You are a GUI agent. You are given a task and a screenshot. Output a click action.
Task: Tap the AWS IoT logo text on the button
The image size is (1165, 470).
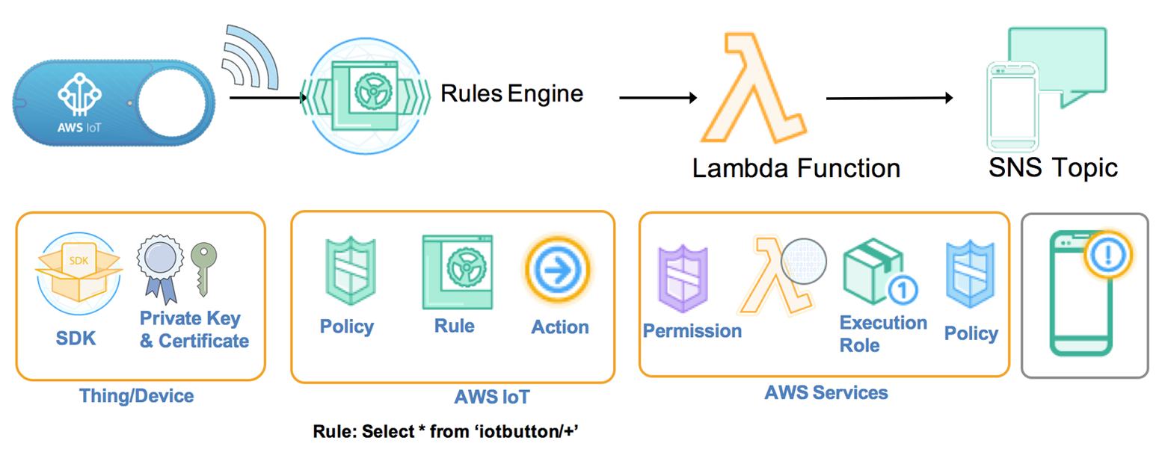79,127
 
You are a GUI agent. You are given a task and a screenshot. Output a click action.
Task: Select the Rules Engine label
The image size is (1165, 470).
511,94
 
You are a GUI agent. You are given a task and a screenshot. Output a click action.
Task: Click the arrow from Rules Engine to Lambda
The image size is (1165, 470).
658,97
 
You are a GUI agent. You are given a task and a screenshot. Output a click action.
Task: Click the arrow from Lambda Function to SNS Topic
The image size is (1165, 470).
890,98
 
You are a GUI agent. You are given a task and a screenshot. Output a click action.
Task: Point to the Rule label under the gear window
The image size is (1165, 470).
454,326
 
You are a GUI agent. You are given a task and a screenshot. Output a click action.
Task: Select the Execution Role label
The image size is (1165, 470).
882,333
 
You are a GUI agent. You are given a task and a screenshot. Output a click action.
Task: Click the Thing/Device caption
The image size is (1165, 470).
137,395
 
